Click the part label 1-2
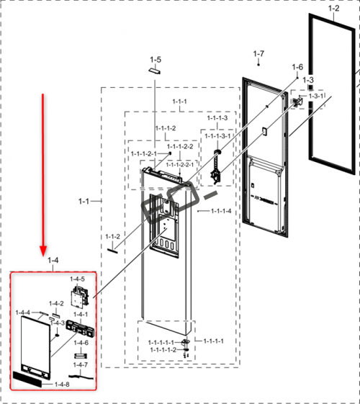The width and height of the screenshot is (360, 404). pyautogui.click(x=334, y=9)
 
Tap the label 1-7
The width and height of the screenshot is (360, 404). pyautogui.click(x=258, y=54)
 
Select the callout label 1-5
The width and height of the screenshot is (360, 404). pyautogui.click(x=156, y=60)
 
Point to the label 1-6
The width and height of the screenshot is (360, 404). pyautogui.click(x=297, y=67)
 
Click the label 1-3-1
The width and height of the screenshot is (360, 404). pyautogui.click(x=316, y=96)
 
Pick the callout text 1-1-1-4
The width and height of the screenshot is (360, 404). pyautogui.click(x=221, y=211)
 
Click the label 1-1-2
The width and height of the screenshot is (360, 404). pyautogui.click(x=112, y=236)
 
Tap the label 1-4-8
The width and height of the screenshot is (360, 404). pyautogui.click(x=62, y=385)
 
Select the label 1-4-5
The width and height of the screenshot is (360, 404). pyautogui.click(x=77, y=279)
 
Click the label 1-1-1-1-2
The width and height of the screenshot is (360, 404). pyautogui.click(x=163, y=350)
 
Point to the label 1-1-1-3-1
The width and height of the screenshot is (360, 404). pyautogui.click(x=217, y=136)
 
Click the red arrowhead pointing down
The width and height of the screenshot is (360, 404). pyautogui.click(x=43, y=251)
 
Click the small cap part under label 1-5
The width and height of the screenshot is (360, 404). pyautogui.click(x=155, y=71)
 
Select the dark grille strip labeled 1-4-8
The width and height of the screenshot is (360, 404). pyautogui.click(x=27, y=380)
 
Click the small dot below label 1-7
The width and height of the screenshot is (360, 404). pyautogui.click(x=258, y=65)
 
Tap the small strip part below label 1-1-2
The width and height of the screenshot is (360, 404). pyautogui.click(x=112, y=251)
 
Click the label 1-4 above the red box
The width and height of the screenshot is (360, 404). pyautogui.click(x=53, y=261)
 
